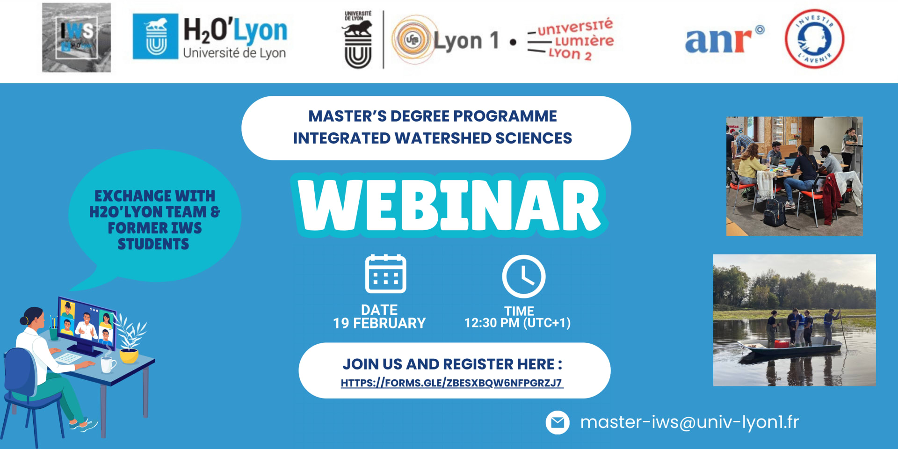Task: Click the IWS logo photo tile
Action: [x=76, y=38]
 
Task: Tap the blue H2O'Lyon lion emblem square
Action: [x=155, y=36]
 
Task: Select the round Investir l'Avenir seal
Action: [x=814, y=38]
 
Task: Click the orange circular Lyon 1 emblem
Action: [x=412, y=40]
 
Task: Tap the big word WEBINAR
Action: [x=449, y=206]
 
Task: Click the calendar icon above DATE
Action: [x=385, y=274]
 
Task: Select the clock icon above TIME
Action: [x=523, y=276]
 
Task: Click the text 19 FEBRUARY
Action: [x=379, y=323]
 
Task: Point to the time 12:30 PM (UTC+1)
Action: [x=517, y=323]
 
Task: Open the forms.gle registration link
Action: [x=451, y=383]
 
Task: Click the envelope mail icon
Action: [x=558, y=422]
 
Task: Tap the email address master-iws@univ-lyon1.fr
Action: [x=689, y=422]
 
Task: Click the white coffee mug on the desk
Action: [x=108, y=364]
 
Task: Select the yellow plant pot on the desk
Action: [x=129, y=356]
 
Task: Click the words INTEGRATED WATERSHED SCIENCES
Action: [x=432, y=138]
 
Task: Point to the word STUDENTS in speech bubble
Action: [x=153, y=244]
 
